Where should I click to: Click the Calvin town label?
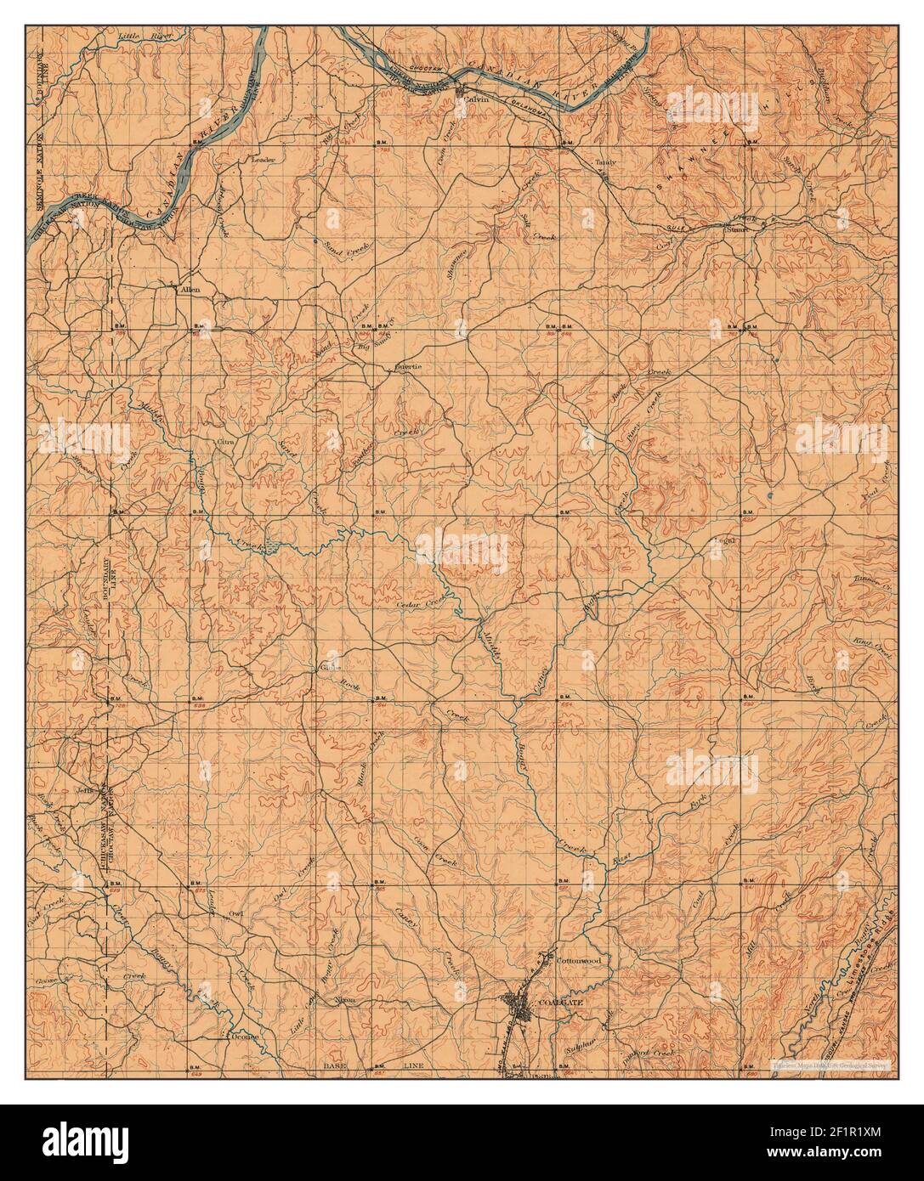(x=474, y=99)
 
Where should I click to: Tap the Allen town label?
(x=188, y=290)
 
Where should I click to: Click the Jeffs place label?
(x=82, y=789)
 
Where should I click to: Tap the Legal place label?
(x=724, y=540)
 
